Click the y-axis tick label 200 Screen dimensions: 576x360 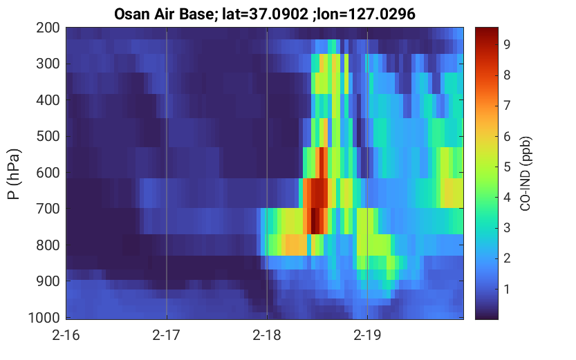click(48, 28)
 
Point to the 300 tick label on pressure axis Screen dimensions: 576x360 click(48, 64)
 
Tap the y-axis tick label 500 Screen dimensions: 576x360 click(48, 136)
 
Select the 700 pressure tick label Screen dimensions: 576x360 click(48, 209)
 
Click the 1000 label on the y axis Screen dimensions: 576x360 click(44, 318)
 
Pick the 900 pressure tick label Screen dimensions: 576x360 click(48, 281)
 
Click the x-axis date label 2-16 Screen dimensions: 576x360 click(66, 335)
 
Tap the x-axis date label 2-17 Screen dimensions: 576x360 click(167, 335)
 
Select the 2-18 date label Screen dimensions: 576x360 click(267, 335)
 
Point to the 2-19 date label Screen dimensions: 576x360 click(367, 335)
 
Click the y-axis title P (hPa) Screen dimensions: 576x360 click(14, 173)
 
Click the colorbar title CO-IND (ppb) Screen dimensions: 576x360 click(526, 173)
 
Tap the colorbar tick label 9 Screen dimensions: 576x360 click(508, 44)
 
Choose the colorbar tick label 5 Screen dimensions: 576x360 click(508, 167)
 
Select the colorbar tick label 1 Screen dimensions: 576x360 click(508, 290)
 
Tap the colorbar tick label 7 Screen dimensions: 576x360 click(508, 106)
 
